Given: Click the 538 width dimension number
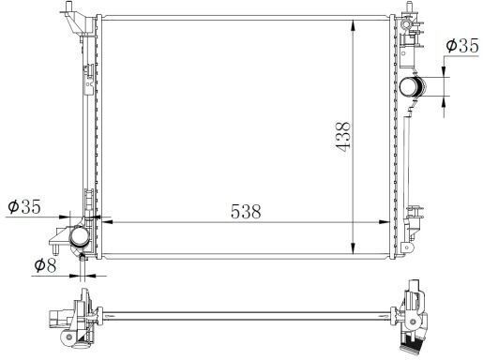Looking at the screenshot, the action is pos(246,212).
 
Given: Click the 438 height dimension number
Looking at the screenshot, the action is pos(343,135).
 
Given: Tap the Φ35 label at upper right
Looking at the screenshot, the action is pos(462,46).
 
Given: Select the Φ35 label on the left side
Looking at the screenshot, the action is pos(24,206).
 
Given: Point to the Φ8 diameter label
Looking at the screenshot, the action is pos(45,265).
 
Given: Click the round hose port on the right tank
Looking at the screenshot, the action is pos(413,86).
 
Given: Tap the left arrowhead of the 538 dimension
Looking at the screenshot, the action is pos(107,222).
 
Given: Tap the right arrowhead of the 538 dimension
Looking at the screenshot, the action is pos(385,222).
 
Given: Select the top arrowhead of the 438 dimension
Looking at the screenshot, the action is pos(353,25).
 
